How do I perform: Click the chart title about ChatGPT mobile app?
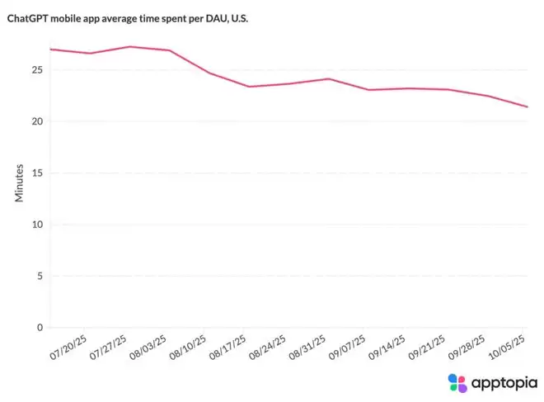[x=128, y=18]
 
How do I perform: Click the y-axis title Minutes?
[x=19, y=183]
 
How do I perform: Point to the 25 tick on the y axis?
[x=37, y=70]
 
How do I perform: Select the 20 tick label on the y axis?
[x=37, y=121]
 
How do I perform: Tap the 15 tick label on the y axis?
[x=37, y=173]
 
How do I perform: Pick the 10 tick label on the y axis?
[x=37, y=225]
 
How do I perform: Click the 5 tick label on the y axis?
[x=40, y=277]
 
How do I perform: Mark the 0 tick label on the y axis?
[x=40, y=328]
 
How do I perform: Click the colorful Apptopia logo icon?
[x=457, y=383]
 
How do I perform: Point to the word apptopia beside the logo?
[x=504, y=384]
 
